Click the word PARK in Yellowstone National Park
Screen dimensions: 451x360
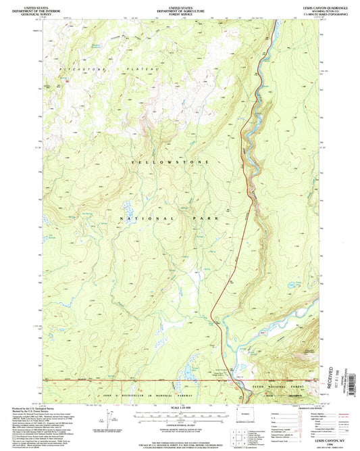point(219,219)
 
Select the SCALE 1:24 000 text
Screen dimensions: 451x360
point(180,406)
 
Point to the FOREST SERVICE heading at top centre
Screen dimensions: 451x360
point(180,14)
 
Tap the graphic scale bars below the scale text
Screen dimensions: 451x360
point(180,413)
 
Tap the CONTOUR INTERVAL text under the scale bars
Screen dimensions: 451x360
point(180,421)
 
